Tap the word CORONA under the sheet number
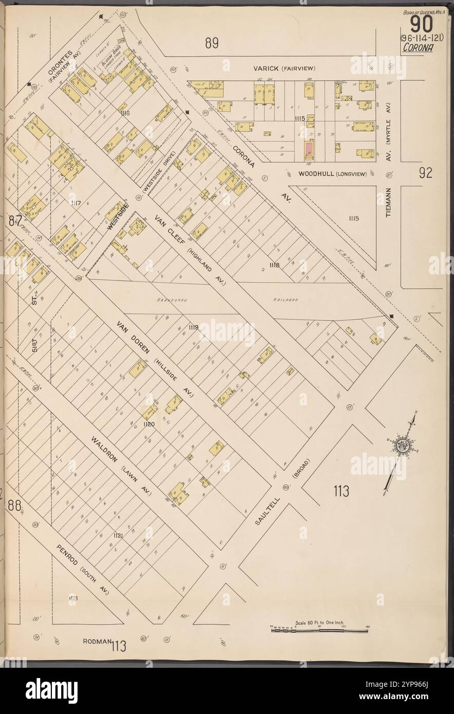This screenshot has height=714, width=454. (x=417, y=48)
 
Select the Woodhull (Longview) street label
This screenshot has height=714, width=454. (x=332, y=174)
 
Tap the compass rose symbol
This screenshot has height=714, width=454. (x=401, y=445)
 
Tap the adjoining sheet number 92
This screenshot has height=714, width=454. (x=425, y=173)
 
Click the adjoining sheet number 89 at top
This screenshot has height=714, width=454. (x=212, y=44)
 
